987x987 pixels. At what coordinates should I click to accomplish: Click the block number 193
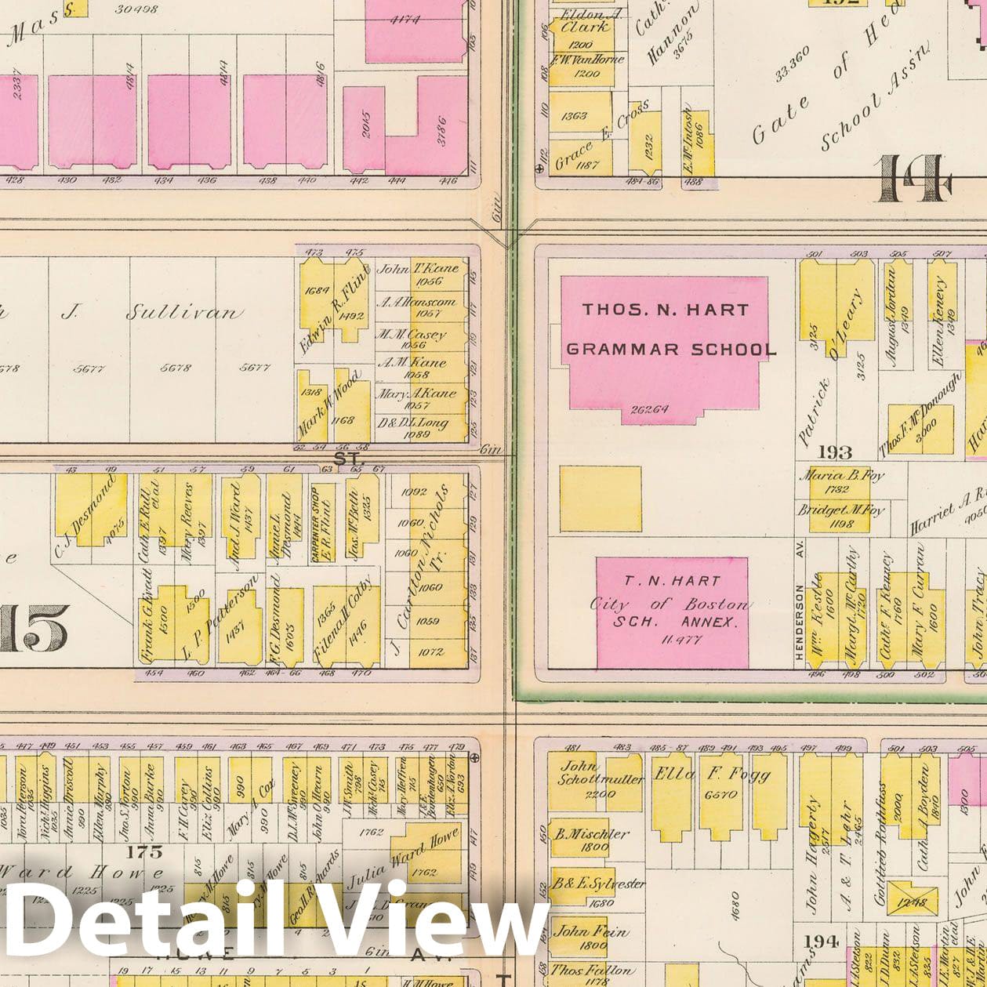pos(834,452)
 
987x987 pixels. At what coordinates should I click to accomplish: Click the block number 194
pos(821,941)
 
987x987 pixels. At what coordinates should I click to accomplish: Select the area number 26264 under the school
pos(649,408)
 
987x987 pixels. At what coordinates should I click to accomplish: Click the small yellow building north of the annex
pos(600,499)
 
